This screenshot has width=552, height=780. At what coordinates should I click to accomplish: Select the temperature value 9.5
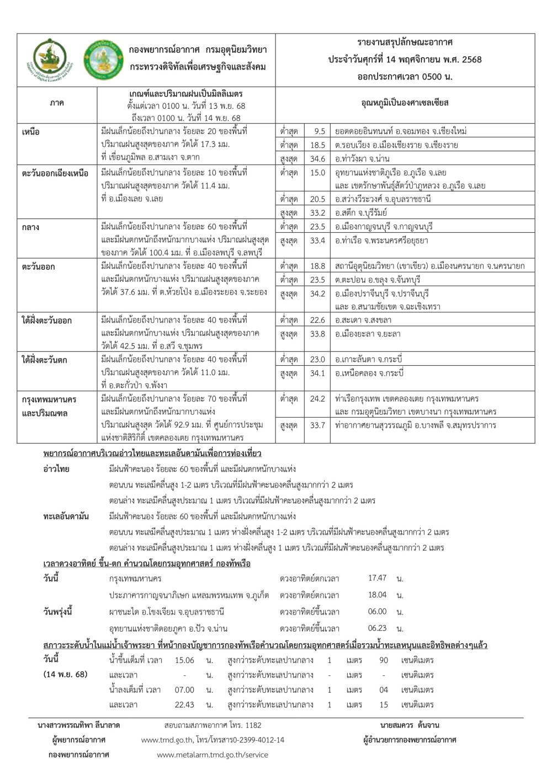tap(319, 132)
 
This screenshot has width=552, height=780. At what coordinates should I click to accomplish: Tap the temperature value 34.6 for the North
tap(317, 158)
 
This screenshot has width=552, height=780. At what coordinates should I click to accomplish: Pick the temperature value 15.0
tap(317, 173)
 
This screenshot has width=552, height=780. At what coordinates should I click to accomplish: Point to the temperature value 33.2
tap(317, 212)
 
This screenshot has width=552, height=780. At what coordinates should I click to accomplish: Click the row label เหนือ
tap(31, 132)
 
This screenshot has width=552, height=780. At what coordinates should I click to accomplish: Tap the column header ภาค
tap(56, 103)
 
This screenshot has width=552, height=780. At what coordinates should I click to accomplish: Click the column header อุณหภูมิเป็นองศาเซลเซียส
tap(405, 103)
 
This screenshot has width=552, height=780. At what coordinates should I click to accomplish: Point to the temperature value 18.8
tap(317, 266)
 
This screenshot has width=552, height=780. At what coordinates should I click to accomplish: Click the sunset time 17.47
tap(377, 578)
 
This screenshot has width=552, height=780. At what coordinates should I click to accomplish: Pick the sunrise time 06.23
tap(377, 628)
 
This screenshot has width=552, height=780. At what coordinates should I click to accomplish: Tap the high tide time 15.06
tap(184, 660)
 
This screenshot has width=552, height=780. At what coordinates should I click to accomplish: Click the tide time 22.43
tap(184, 704)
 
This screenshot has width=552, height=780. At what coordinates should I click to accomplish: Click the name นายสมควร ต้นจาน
tap(410, 725)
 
